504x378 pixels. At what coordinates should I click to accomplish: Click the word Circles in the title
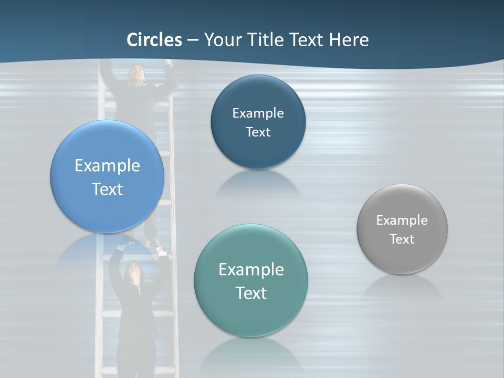(x=154, y=40)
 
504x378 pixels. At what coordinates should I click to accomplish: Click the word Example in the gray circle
(x=402, y=220)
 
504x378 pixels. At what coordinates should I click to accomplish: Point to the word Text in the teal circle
(x=251, y=293)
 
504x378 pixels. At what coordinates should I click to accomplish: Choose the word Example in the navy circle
(x=258, y=113)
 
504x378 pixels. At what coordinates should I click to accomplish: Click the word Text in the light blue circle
(x=107, y=189)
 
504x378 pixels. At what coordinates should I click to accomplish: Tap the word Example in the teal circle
(x=251, y=270)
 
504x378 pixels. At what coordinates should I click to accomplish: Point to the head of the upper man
(x=136, y=73)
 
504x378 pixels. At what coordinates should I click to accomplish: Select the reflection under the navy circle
(x=257, y=184)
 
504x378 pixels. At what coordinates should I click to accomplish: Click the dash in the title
(x=193, y=40)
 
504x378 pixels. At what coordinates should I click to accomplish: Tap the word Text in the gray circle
(x=402, y=239)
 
